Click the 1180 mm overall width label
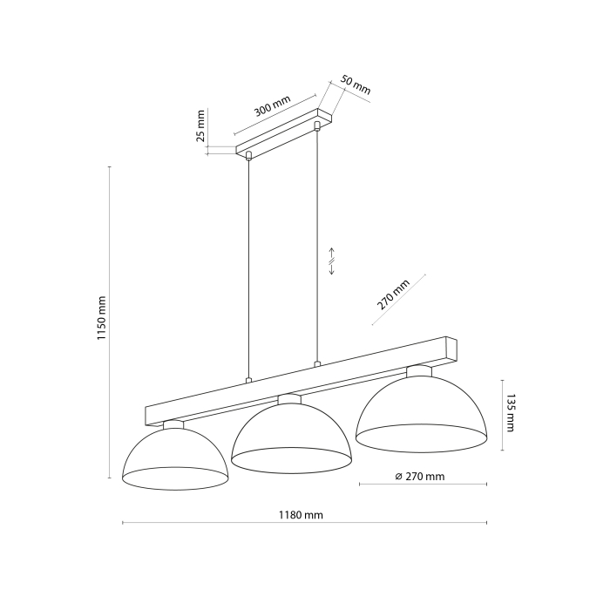pyautogui.click(x=301, y=515)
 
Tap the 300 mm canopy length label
pyautogui.click(x=272, y=109)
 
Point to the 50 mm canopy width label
pyautogui.click(x=355, y=85)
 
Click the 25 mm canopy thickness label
pyautogui.click(x=200, y=125)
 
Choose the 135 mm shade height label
pyautogui.click(x=512, y=414)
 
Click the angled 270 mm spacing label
pyautogui.click(x=393, y=295)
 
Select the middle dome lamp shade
pyautogui.click(x=291, y=436)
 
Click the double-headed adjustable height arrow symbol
pyautogui.click(x=332, y=261)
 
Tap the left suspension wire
pyautogui.click(x=249, y=270)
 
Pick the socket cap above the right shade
pyautogui.click(x=418, y=371)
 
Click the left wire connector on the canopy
pyautogui.click(x=249, y=156)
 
